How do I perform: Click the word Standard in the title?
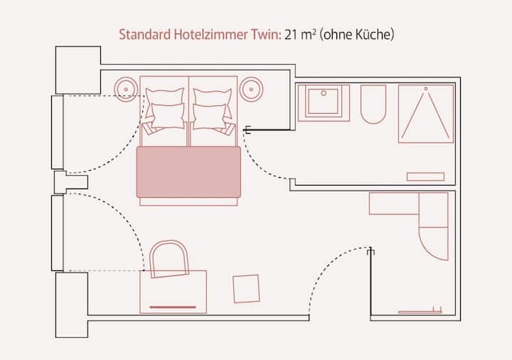pyautogui.click(x=144, y=33)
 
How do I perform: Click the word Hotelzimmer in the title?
pyautogui.click(x=212, y=33)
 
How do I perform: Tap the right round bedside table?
pyautogui.click(x=252, y=88)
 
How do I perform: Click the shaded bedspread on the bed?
pyautogui.click(x=188, y=172)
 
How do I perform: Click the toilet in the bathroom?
pyautogui.click(x=373, y=104)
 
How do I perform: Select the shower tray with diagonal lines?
pyautogui.click(x=425, y=114)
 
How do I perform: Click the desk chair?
pyautogui.click(x=169, y=258)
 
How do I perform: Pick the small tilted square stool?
pyautogui.click(x=246, y=288)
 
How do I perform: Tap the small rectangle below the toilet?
pyautogui.click(x=425, y=176)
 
